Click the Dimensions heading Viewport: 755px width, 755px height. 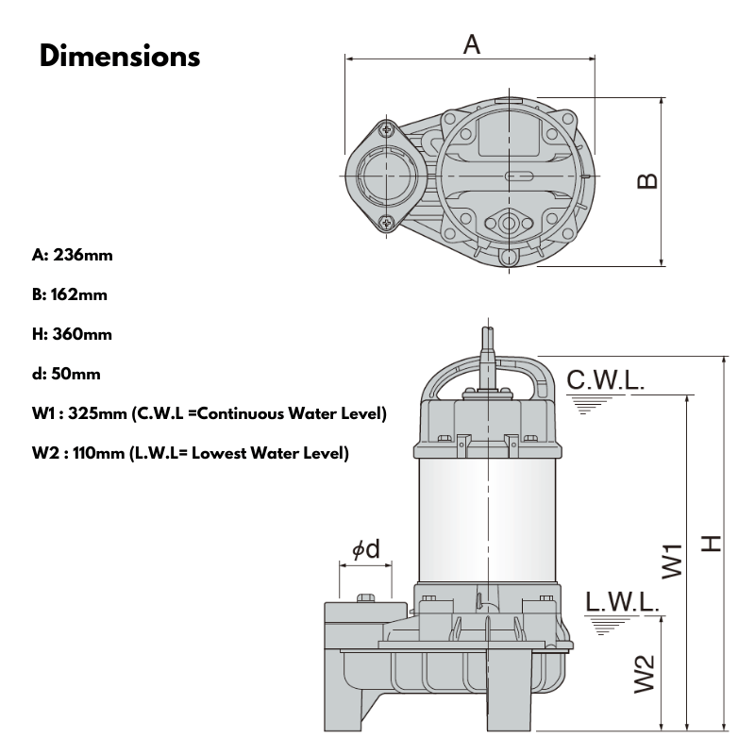120,56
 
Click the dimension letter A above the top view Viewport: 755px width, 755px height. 471,43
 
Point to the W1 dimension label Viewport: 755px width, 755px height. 671,560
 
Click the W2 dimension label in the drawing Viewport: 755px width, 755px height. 645,674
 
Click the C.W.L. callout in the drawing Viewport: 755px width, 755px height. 606,380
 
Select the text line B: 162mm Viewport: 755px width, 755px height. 70,294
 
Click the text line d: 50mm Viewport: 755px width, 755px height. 66,374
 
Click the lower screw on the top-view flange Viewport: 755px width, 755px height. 387,223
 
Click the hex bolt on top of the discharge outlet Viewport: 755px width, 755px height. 366,596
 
